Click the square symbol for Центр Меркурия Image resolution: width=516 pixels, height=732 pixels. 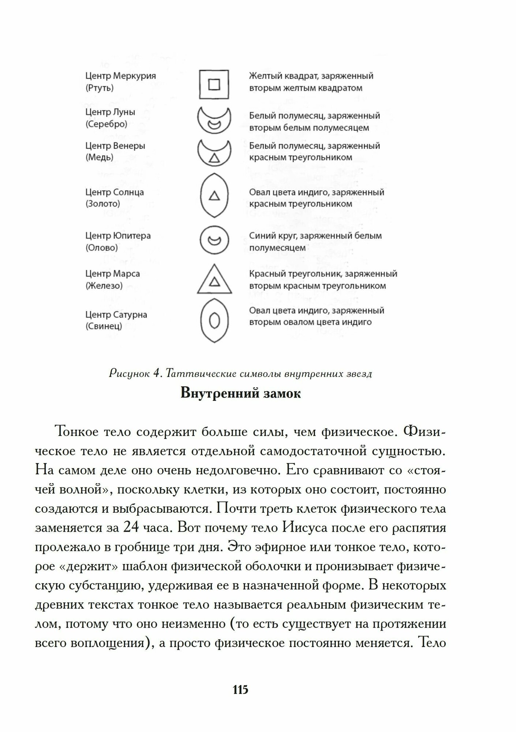click(214, 85)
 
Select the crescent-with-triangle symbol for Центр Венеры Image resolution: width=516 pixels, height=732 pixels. click(214, 153)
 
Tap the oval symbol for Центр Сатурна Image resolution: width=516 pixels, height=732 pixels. click(214, 320)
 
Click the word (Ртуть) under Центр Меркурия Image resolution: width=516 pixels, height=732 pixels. click(100, 88)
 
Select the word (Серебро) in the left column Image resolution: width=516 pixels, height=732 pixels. click(106, 124)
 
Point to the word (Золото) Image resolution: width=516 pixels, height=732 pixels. click(102, 204)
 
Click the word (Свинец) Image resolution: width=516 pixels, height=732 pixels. click(104, 326)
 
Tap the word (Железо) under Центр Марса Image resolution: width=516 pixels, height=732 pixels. click(104, 285)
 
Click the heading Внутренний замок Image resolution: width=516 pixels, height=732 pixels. click(241, 393)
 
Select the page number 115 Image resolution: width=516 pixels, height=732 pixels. click(240, 690)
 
